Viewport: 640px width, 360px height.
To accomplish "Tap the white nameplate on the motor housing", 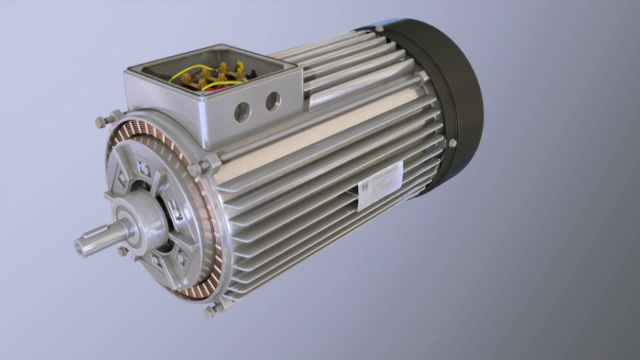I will [380, 184].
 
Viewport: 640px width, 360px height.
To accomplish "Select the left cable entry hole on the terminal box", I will [242, 112].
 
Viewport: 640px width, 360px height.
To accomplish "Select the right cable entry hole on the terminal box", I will [272, 101].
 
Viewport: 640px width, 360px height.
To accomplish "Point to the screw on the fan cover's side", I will [452, 143].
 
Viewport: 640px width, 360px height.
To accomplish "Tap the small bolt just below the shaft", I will [122, 251].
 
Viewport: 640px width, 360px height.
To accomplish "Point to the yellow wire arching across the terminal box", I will [190, 70].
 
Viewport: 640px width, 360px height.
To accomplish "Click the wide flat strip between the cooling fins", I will [320, 135].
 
